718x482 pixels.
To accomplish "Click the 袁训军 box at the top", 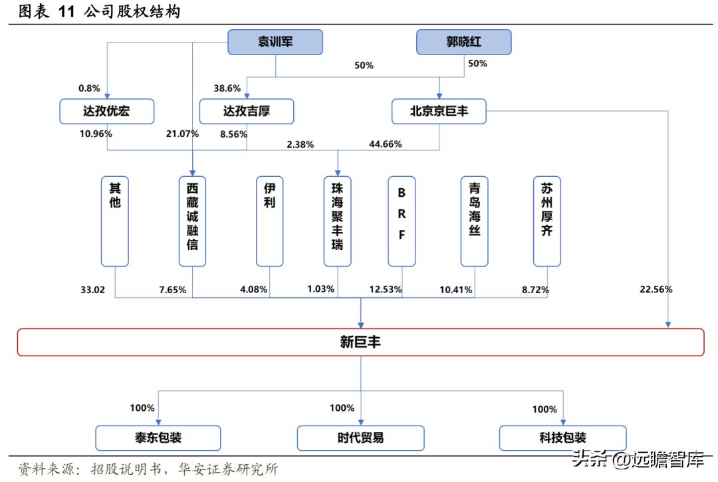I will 275,43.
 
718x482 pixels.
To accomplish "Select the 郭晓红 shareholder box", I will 463,43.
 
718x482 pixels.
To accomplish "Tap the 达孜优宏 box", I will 106,111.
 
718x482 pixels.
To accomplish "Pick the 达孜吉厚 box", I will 246,111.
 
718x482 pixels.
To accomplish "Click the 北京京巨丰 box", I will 439,111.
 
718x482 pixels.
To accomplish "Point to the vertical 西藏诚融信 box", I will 192,221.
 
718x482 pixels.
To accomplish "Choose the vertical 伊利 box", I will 269,221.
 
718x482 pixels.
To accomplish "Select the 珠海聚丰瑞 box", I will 337,221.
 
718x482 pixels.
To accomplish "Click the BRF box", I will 402,221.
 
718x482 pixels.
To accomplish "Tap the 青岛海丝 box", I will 474,221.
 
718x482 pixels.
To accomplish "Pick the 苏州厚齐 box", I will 546,221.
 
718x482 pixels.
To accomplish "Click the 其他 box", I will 115,221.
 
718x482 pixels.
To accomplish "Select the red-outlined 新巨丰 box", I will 360,342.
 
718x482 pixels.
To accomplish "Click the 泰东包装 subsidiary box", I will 158,437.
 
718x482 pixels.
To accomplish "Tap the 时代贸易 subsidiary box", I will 360,437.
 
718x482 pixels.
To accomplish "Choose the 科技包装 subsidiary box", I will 562,437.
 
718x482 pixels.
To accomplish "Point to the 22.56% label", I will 656,289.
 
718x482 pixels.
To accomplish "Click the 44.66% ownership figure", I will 386,144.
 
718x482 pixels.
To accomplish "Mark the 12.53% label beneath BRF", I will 386,290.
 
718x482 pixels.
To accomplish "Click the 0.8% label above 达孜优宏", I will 89,88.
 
